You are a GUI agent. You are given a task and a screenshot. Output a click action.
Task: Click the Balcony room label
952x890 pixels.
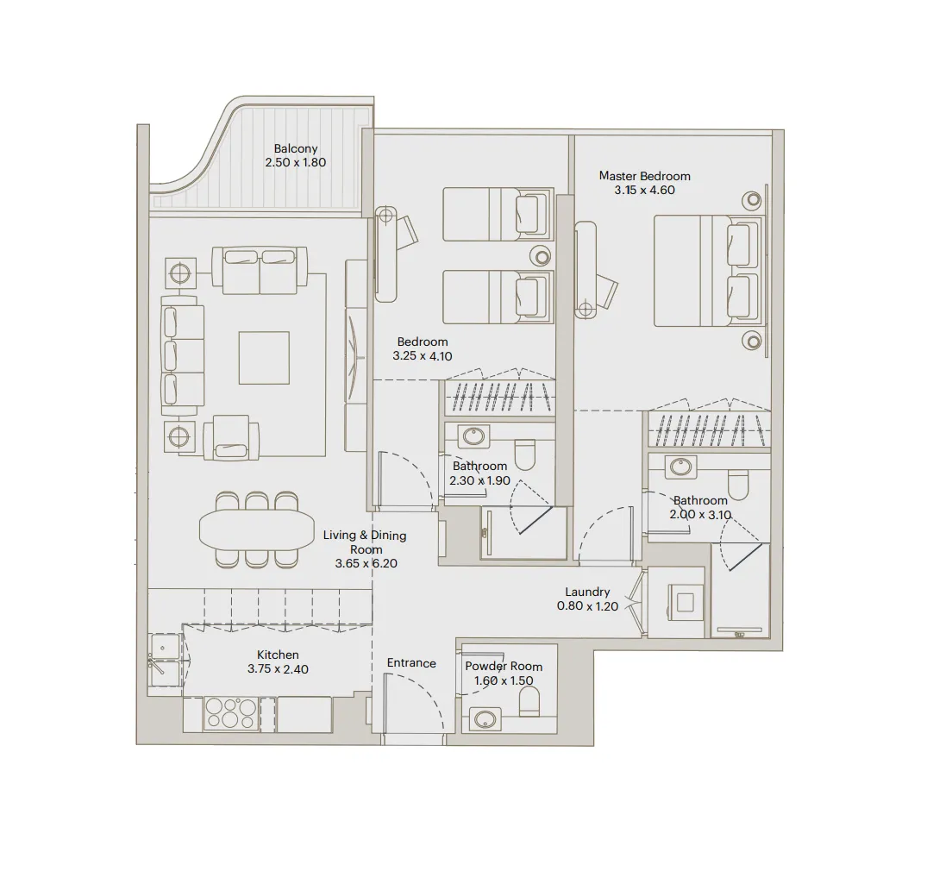click(296, 148)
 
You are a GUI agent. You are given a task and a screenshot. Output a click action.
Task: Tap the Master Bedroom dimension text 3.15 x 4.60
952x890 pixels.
click(644, 191)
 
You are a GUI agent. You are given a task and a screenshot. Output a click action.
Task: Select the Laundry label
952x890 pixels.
click(587, 592)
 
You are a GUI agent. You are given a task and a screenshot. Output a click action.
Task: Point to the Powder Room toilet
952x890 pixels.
click(529, 705)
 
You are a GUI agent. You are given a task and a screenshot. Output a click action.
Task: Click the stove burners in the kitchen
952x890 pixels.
click(230, 714)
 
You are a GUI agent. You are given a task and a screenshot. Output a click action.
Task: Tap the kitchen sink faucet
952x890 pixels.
click(158, 662)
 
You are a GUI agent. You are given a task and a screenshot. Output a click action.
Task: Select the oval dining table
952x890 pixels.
click(257, 530)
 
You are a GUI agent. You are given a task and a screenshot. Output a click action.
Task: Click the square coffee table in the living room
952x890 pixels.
click(264, 358)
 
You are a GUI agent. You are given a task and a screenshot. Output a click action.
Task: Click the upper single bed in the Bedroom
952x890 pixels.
click(497, 214)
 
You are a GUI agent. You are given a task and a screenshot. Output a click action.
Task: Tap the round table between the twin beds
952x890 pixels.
click(541, 255)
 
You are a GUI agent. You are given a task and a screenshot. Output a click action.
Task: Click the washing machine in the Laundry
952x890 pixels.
click(685, 602)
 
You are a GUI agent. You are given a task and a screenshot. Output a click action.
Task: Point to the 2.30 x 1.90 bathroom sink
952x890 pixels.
click(473, 436)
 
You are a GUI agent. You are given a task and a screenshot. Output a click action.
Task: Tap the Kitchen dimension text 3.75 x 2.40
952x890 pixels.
click(278, 668)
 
